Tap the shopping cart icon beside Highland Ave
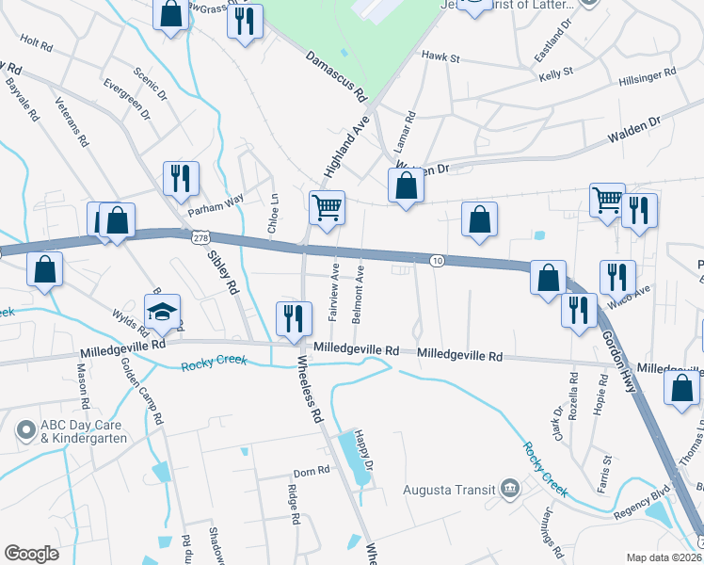pos(327,207)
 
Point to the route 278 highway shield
pos(200,239)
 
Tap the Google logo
pos(32,554)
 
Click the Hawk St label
pos(440,57)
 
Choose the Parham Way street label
pos(216,200)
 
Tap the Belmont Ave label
pos(359,294)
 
